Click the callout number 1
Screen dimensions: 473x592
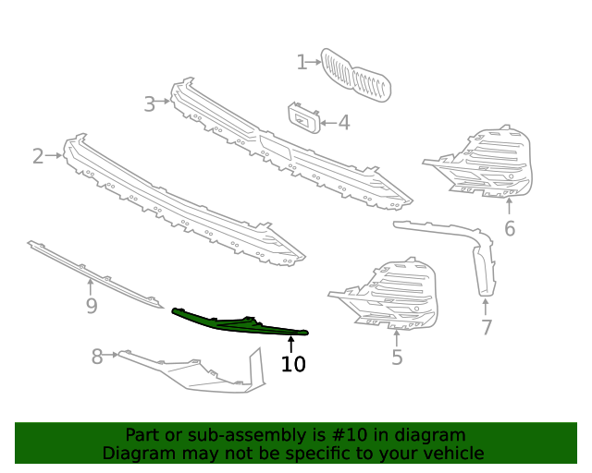coord(302,63)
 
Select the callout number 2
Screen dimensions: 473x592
coord(38,156)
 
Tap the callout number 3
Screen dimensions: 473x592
coord(150,104)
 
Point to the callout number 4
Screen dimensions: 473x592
coord(343,122)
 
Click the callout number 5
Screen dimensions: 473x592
coord(397,357)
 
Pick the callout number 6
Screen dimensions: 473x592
coord(510,228)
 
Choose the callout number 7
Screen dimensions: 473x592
coord(487,327)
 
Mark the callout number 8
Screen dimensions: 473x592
coord(97,357)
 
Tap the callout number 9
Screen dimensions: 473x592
coord(91,306)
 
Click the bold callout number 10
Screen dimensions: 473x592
coord(292,364)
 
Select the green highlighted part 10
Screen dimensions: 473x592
coord(240,324)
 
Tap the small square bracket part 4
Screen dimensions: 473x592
coord(303,118)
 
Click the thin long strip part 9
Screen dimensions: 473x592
coord(92,272)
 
